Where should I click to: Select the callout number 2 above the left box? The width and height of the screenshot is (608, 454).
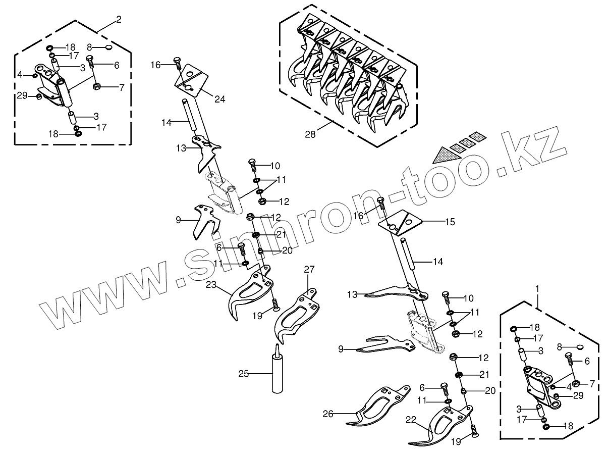(119, 20)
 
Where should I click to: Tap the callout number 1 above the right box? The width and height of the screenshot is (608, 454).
(537, 288)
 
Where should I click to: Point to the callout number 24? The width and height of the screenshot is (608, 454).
(219, 99)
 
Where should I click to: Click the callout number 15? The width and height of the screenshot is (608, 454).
(450, 221)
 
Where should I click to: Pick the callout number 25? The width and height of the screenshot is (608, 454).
(244, 374)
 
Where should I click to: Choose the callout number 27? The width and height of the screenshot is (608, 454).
(309, 270)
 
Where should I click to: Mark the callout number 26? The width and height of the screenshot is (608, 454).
(328, 414)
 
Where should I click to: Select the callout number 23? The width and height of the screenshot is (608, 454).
(211, 285)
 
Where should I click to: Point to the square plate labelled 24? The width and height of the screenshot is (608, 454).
(190, 78)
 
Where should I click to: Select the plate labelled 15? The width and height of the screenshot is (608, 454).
(400, 222)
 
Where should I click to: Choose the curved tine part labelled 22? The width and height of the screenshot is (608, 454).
(444, 422)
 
